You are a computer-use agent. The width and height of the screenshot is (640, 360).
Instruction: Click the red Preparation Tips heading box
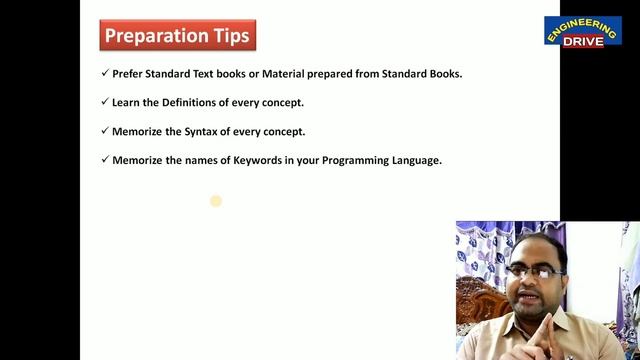178,36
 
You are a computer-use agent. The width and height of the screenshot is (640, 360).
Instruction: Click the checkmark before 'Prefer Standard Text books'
105,73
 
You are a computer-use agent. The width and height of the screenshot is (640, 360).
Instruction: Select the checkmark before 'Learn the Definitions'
105,102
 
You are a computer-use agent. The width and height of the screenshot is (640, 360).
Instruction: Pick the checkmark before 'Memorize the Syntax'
105,131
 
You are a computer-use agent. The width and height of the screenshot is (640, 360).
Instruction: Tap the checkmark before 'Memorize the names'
105,160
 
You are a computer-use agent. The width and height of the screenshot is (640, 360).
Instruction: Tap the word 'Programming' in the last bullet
354,160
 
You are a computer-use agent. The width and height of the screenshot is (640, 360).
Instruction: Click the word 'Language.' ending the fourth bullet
415,160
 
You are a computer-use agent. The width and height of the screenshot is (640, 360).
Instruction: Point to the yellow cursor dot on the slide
215,201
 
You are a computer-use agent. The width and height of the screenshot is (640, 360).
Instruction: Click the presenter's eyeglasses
530,271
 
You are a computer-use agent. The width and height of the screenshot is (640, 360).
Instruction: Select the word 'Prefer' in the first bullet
130,73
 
